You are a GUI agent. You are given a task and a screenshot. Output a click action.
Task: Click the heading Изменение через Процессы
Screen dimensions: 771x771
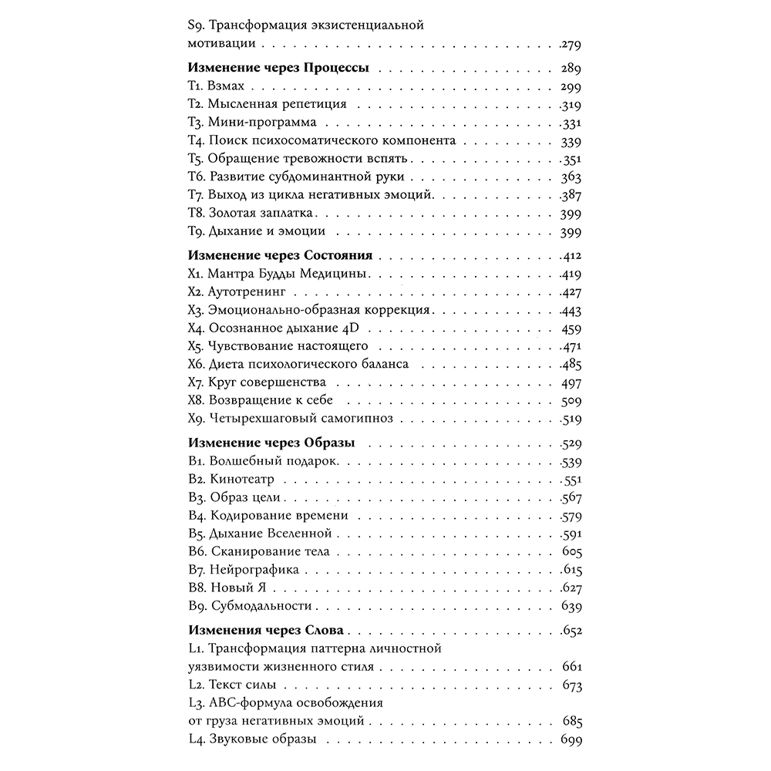pos(278,68)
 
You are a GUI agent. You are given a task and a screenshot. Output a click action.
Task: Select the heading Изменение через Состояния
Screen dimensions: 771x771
pos(281,255)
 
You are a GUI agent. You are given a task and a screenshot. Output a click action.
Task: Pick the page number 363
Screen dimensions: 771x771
pos(571,176)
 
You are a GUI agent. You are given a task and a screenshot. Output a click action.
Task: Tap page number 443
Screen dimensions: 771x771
pos(571,310)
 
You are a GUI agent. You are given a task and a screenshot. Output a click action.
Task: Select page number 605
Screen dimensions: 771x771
pos(571,552)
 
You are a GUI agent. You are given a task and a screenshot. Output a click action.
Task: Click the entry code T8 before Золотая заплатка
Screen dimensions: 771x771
pos(196,212)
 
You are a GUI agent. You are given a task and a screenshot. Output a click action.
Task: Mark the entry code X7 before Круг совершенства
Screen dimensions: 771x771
pos(196,382)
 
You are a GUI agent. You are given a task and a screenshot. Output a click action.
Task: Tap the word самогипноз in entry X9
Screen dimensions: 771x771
pos(359,419)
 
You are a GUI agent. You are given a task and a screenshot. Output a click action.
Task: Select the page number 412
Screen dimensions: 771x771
pos(571,256)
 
